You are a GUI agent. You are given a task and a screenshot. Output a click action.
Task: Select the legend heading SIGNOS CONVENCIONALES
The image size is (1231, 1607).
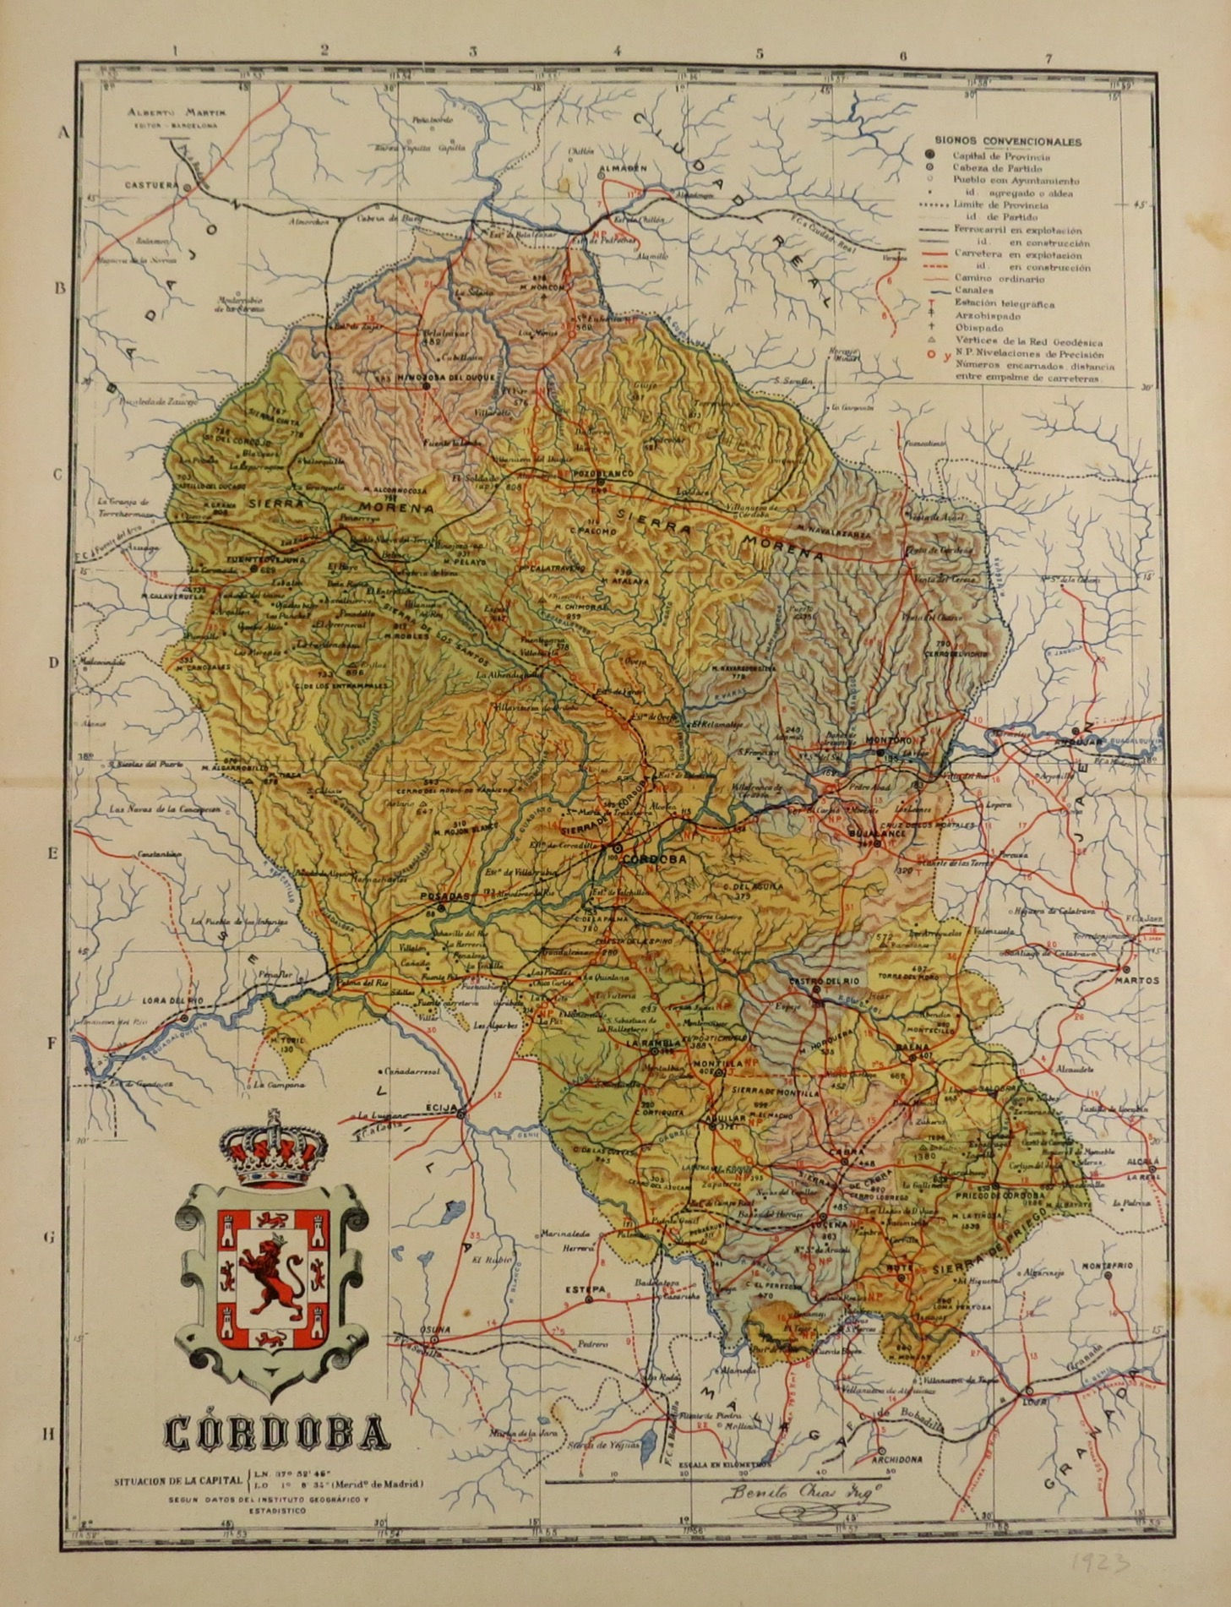click(x=1009, y=142)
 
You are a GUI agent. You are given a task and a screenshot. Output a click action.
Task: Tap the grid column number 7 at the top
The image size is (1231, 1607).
click(x=1049, y=58)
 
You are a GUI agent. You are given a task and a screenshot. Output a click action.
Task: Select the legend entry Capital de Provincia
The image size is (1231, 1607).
click(x=1001, y=156)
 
